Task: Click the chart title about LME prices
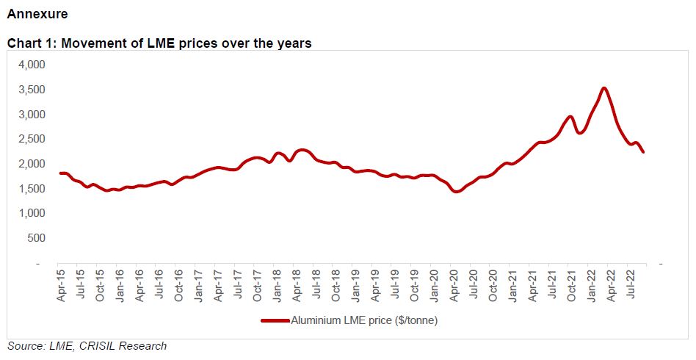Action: (x=159, y=43)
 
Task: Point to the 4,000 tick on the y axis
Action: (x=32, y=65)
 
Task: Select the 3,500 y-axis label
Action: (x=32, y=90)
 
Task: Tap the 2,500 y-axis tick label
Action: (x=32, y=139)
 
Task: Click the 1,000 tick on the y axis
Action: (x=32, y=213)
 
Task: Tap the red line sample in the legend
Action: (x=275, y=320)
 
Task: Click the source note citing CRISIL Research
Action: (x=87, y=346)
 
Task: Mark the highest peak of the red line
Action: (x=603, y=88)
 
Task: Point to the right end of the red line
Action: (x=643, y=152)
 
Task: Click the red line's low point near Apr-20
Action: (x=457, y=192)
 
